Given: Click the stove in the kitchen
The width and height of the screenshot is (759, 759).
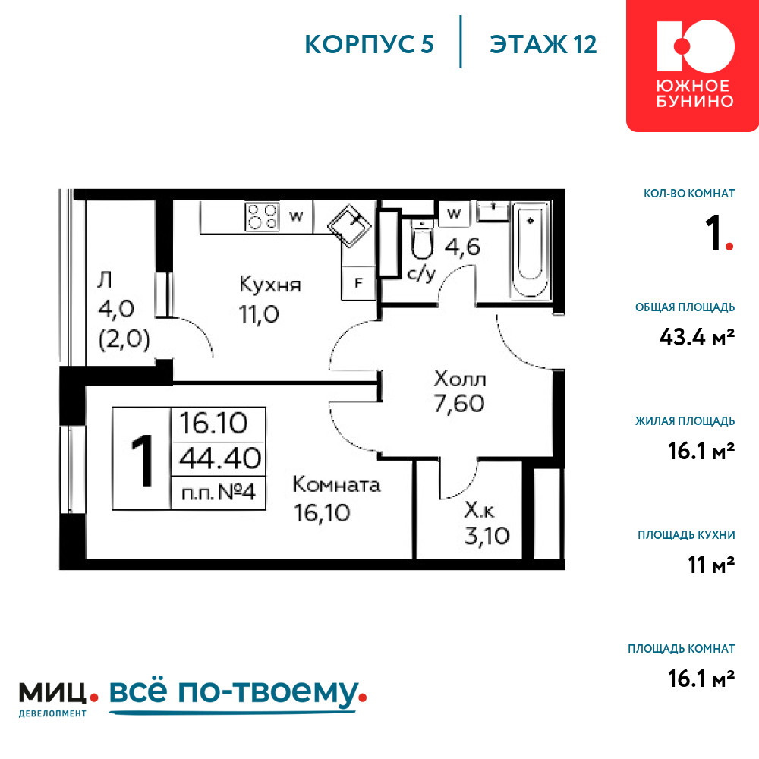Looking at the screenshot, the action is [262, 216].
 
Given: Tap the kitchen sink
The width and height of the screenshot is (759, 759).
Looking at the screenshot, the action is [349, 226].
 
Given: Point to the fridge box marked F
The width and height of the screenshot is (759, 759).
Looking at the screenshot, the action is [359, 282].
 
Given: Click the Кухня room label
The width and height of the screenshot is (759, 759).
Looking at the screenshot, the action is [269, 285].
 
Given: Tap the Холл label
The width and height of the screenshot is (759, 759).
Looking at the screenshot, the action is [459, 379].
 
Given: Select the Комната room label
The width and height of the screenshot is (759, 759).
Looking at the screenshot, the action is [336, 484].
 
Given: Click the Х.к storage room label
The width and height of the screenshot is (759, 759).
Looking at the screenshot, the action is [479, 510].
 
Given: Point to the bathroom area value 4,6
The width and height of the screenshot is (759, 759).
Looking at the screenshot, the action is [462, 247].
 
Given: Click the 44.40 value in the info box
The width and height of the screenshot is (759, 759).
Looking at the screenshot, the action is [220, 458].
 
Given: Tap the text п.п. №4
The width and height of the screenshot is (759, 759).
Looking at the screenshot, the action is [219, 493].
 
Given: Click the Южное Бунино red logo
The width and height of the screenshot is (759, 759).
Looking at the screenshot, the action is [692, 65].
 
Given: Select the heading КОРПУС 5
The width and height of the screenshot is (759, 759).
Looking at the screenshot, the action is [369, 45].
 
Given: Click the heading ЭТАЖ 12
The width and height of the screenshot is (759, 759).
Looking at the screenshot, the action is [543, 45].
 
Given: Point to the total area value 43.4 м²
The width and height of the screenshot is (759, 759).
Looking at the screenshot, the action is [697, 337].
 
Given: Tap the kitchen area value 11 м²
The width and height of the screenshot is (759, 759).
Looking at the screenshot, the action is [711, 565].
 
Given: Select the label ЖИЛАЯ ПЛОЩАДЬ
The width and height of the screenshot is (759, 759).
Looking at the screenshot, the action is [685, 421].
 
